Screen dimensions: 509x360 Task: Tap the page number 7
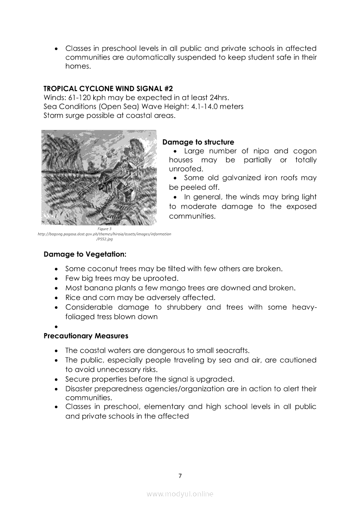(x=180, y=475)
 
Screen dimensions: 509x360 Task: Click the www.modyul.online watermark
(x=180, y=494)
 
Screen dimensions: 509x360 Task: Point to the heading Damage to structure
(x=198, y=142)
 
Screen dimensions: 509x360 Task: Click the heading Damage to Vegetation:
(x=85, y=254)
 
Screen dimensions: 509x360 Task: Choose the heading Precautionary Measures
(x=86, y=336)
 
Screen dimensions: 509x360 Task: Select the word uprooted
(x=163, y=278)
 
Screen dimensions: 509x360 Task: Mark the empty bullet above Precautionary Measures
(x=57, y=327)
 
